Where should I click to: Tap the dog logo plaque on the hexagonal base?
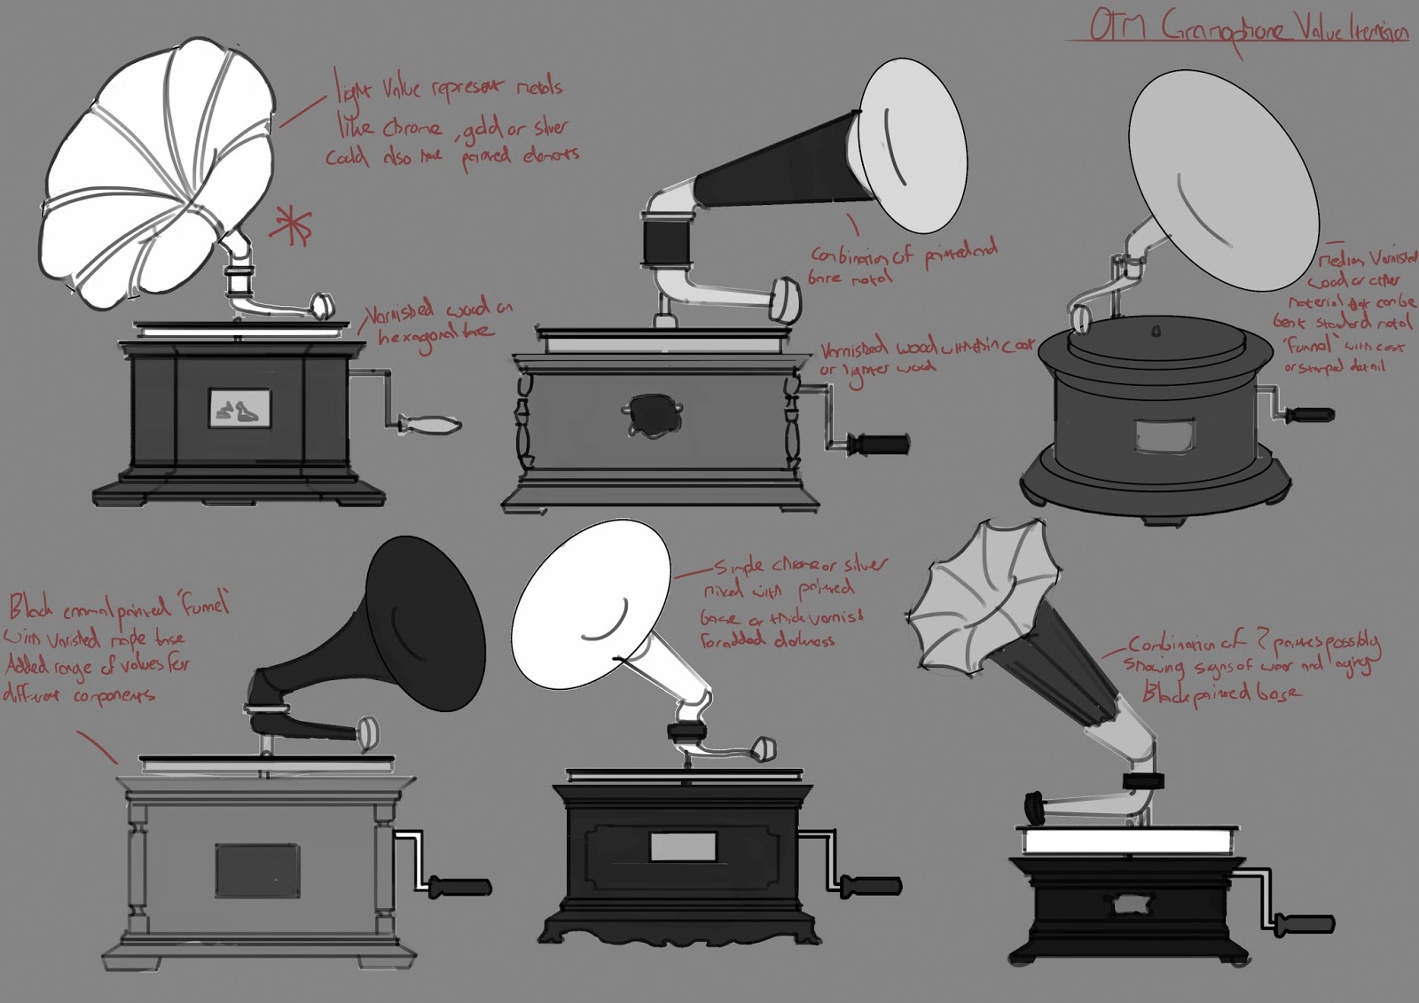[239, 408]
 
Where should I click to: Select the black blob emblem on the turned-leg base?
[654, 416]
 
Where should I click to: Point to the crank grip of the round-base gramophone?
[1309, 414]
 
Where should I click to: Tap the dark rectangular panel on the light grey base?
[257, 869]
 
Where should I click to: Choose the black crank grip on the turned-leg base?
[878, 443]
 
